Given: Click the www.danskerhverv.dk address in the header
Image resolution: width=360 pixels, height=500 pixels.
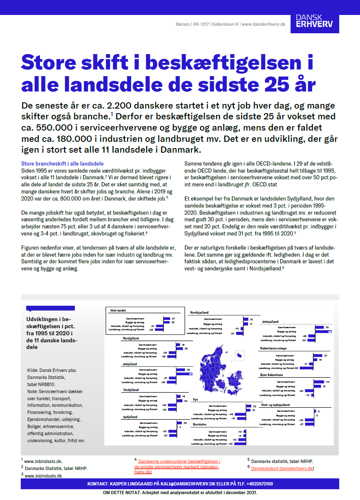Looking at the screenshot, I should coord(263,25).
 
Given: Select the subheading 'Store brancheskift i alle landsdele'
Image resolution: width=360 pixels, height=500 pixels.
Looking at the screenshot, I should coord(62,164).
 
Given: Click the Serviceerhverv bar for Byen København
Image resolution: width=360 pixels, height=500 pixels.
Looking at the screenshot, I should coord(319,381).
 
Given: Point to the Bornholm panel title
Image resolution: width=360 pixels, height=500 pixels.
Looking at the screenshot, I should coord(201,425).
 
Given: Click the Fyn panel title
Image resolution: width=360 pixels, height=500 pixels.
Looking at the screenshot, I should coord(195,399).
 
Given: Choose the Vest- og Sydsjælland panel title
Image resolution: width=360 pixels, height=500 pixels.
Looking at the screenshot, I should coord(275,405).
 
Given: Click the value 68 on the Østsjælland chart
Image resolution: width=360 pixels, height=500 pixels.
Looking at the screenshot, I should coord(330,332).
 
